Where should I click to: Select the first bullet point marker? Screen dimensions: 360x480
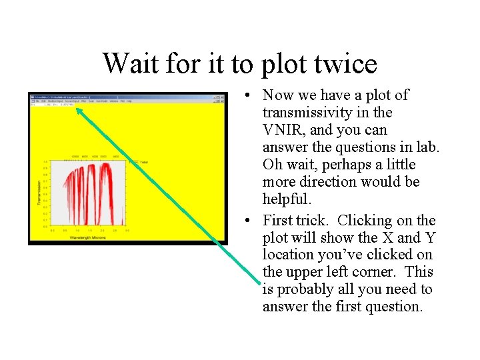tap(247, 95)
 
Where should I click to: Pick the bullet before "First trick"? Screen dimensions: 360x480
tap(247, 221)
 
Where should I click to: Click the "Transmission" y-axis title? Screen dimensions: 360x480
tap(39, 193)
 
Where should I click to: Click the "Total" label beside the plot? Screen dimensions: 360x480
tap(143, 162)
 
